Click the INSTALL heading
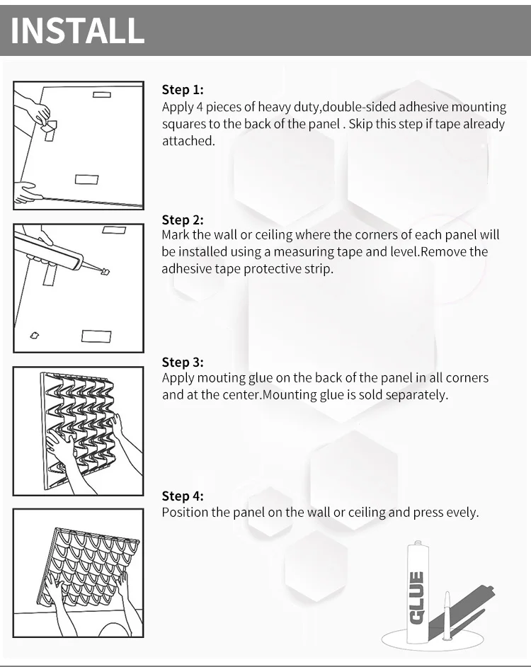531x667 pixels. (77, 30)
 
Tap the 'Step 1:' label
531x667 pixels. (183, 90)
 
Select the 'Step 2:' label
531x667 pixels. (183, 220)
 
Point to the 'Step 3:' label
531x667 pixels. (183, 362)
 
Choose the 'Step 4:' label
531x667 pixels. (183, 496)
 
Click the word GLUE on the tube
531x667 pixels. (416, 598)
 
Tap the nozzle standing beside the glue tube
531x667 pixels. (447, 615)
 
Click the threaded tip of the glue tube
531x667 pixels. (418, 544)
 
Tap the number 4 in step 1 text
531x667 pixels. (200, 107)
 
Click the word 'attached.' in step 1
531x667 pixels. (188, 141)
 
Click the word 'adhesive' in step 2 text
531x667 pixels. (185, 269)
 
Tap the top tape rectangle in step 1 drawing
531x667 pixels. (102, 94)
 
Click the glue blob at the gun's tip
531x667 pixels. (105, 271)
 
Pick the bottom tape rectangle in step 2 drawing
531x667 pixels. (96, 336)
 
